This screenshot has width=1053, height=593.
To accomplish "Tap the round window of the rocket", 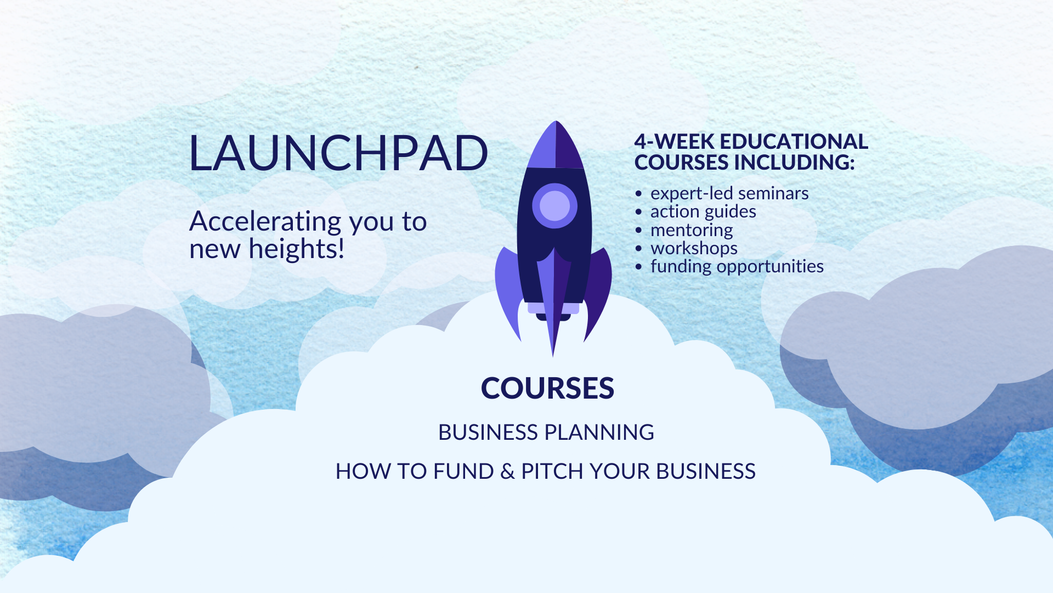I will point(554,205).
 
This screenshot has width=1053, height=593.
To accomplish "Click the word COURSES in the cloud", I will point(547,388).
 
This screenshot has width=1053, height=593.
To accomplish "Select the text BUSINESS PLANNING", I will point(546,432).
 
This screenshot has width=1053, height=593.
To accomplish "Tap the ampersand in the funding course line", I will point(507,472).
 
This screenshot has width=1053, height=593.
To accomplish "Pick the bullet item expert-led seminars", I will point(729,193).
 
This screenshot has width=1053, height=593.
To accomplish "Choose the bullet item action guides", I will point(703,211).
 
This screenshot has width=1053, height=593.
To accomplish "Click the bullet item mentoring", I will point(692,230).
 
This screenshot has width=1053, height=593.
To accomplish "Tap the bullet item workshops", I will point(694,248).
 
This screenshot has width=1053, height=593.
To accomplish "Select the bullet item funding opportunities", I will point(737,266).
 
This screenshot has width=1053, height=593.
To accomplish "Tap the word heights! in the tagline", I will point(296,249).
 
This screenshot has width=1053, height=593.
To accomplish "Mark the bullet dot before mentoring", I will point(638,230).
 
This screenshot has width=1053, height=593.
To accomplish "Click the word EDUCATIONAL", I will point(794,142).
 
